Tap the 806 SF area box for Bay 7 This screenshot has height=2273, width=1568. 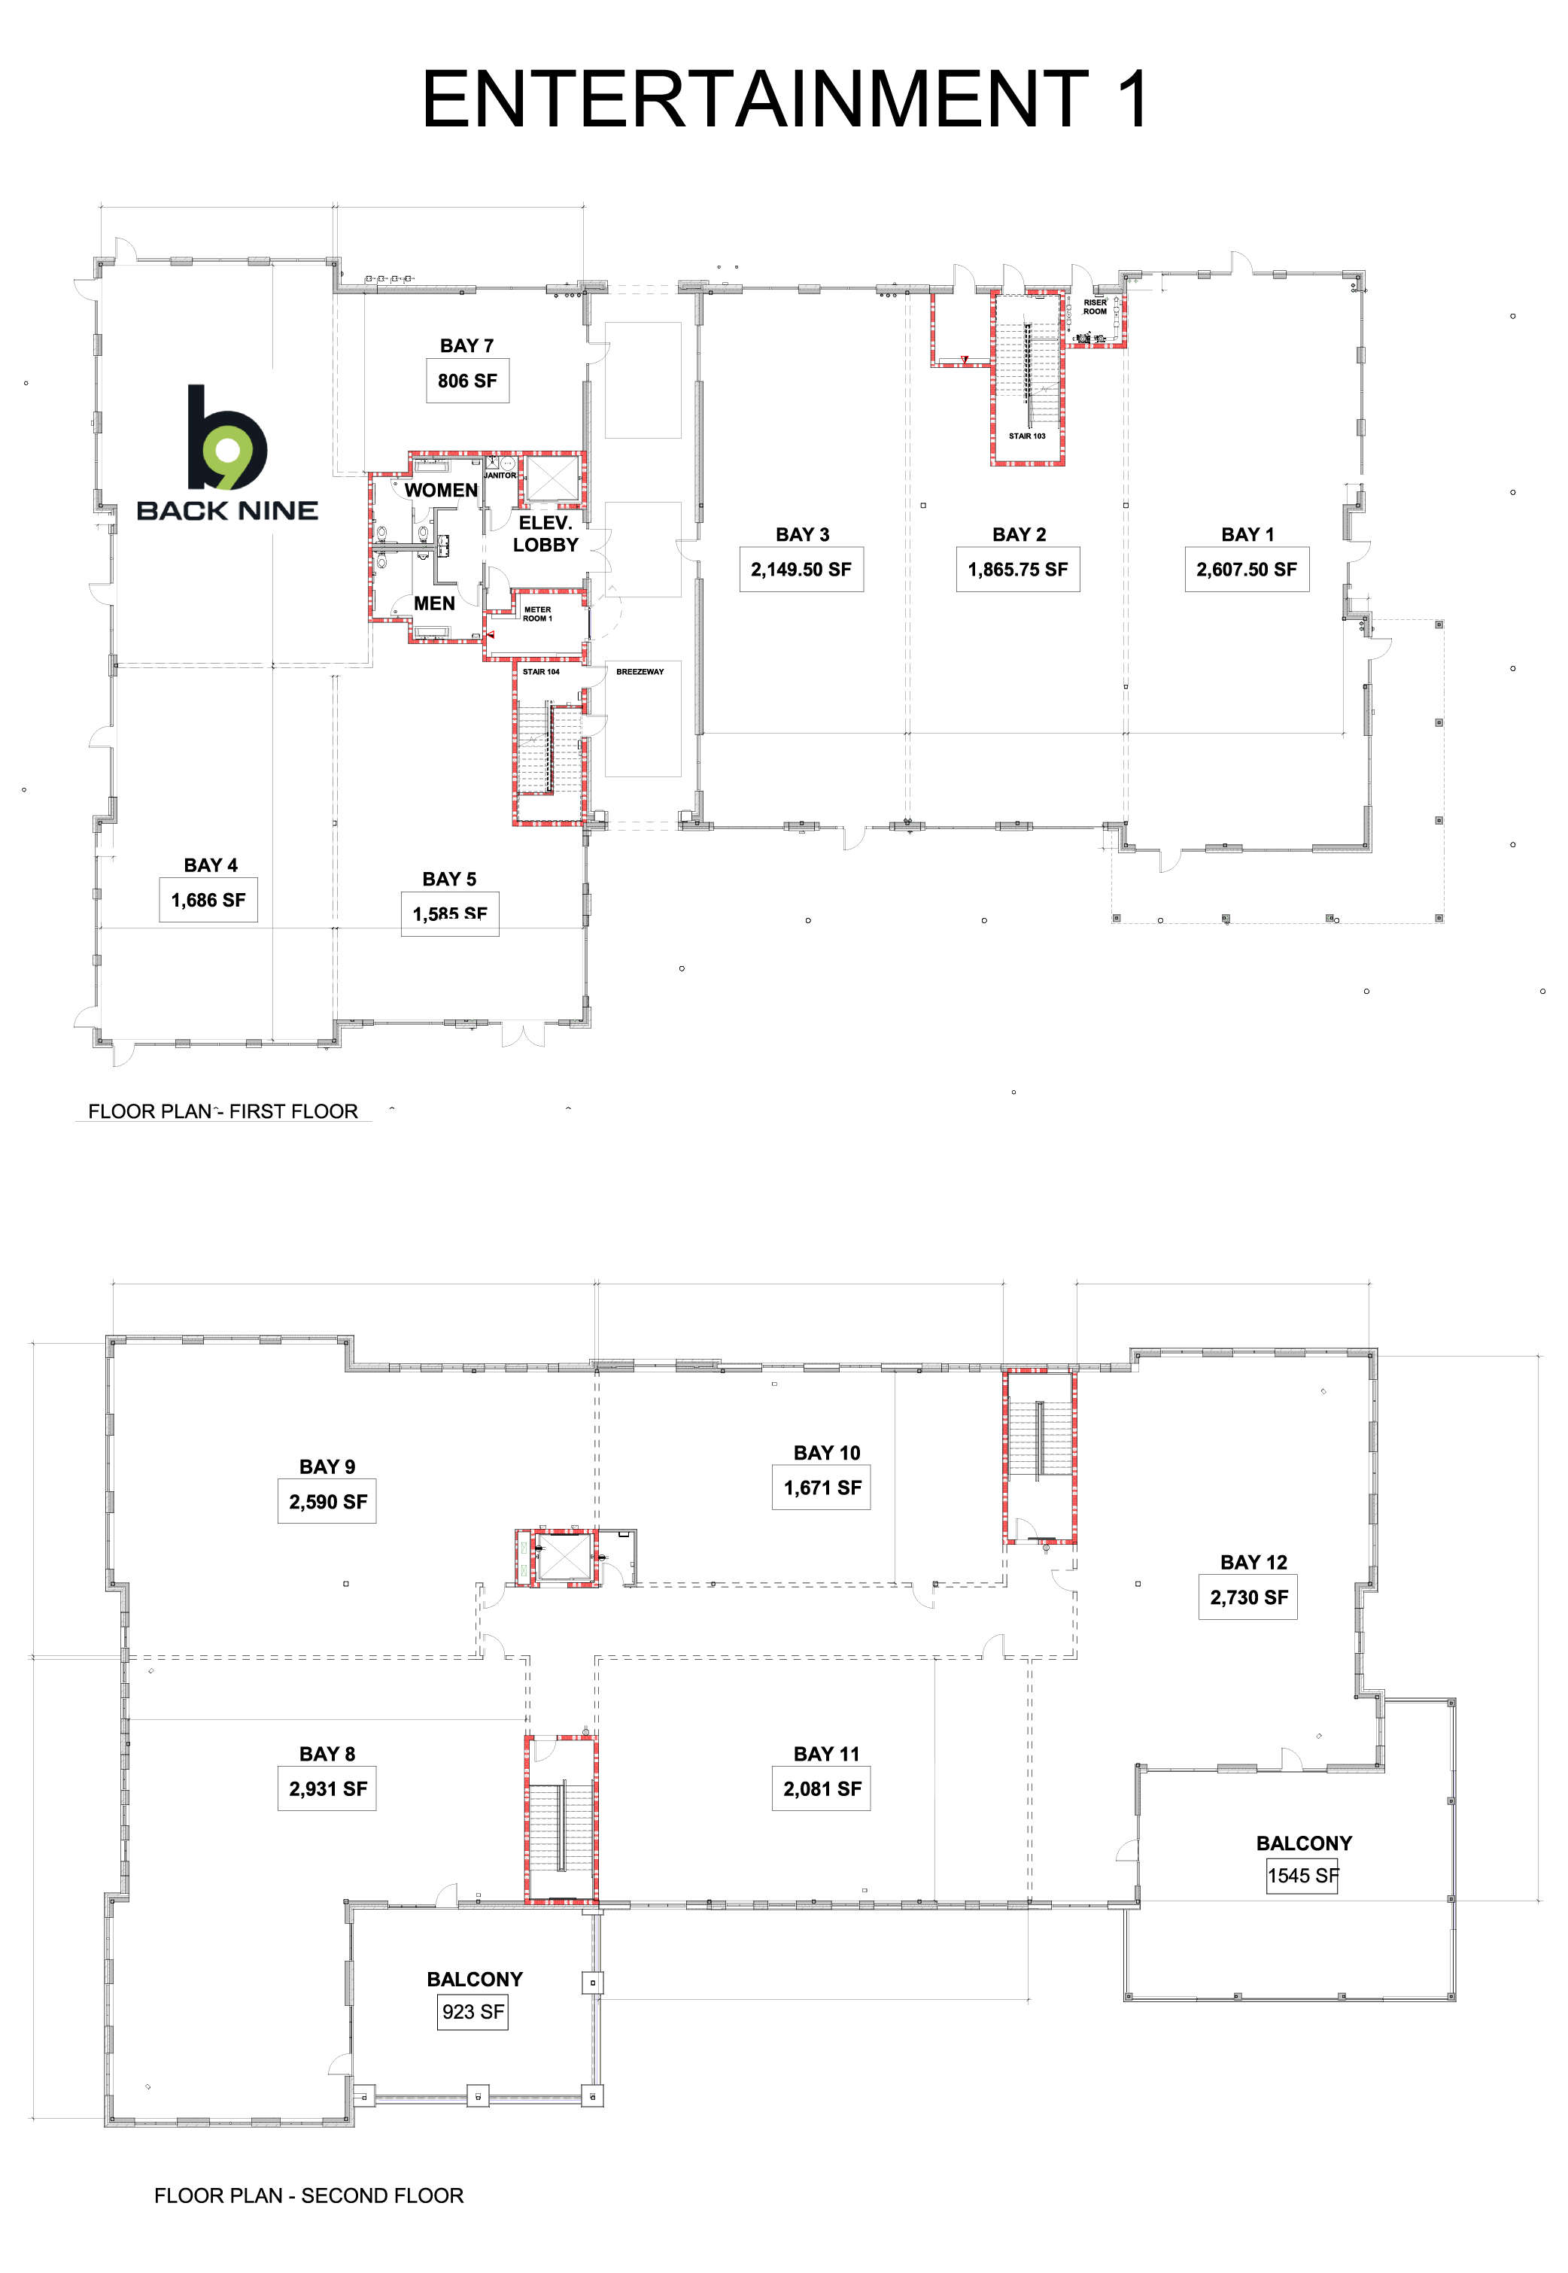(x=468, y=381)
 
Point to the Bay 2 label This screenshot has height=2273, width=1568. (x=1019, y=534)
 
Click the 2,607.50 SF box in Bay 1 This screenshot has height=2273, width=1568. (x=1246, y=570)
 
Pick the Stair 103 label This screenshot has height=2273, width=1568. (x=1027, y=436)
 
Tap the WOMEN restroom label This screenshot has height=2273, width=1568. (x=441, y=490)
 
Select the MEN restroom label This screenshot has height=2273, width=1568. (x=434, y=603)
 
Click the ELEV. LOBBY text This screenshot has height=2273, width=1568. (x=545, y=534)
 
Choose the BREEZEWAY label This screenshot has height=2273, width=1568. (x=640, y=672)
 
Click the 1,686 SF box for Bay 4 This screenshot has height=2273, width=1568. (x=208, y=900)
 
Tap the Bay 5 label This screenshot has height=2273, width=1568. (x=449, y=879)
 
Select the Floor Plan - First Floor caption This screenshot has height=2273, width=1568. (x=223, y=1111)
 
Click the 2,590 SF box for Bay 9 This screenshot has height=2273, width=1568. (x=327, y=1502)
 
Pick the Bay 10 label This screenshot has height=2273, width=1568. (x=826, y=1453)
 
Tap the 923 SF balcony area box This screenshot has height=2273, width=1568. (x=473, y=2012)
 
